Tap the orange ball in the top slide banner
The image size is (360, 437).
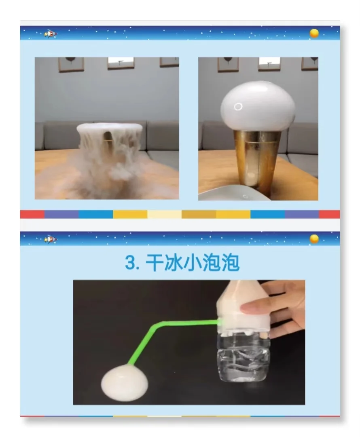click(x=314, y=33)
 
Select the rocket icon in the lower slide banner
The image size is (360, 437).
click(x=51, y=239)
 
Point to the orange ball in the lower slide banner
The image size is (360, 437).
click(x=314, y=239)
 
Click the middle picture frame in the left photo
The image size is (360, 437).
click(x=121, y=62)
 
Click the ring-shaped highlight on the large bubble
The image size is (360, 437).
click(x=238, y=107)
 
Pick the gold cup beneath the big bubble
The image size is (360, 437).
click(x=258, y=162)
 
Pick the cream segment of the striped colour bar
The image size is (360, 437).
click(x=164, y=214)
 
